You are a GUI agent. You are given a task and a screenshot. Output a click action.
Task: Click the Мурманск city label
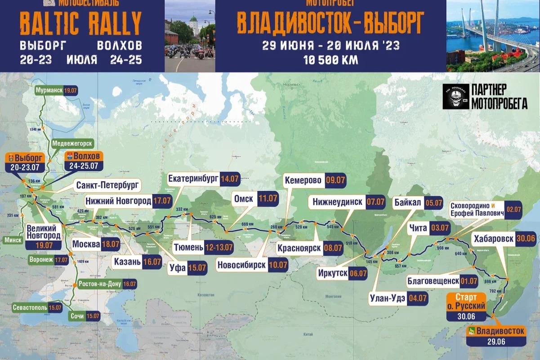[x=49, y=90]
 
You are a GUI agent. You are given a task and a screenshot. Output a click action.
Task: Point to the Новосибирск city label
[x=242, y=265]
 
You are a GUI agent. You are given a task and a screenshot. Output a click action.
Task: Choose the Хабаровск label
[x=492, y=238]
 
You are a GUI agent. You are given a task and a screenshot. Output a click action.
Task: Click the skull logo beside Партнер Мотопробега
[x=455, y=96]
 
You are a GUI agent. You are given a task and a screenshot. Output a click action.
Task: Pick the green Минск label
[x=13, y=240]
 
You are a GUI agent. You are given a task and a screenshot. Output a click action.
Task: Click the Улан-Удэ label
[x=387, y=297]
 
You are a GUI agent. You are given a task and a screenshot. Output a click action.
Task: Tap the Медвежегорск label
[x=72, y=144]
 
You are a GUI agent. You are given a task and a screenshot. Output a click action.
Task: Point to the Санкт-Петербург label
[x=108, y=185]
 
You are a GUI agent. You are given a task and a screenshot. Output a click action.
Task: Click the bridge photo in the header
[x=493, y=36]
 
